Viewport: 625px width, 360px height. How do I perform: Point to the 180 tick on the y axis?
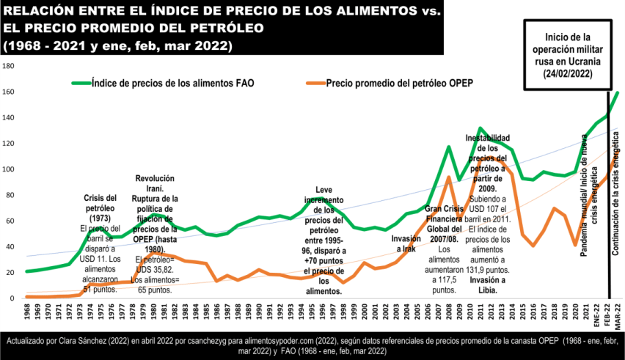[x=9, y=66]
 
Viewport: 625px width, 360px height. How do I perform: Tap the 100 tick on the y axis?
[x=9, y=169]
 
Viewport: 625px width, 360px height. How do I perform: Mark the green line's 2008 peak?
[x=449, y=147]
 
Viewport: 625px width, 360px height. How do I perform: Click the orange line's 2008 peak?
[x=449, y=177]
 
